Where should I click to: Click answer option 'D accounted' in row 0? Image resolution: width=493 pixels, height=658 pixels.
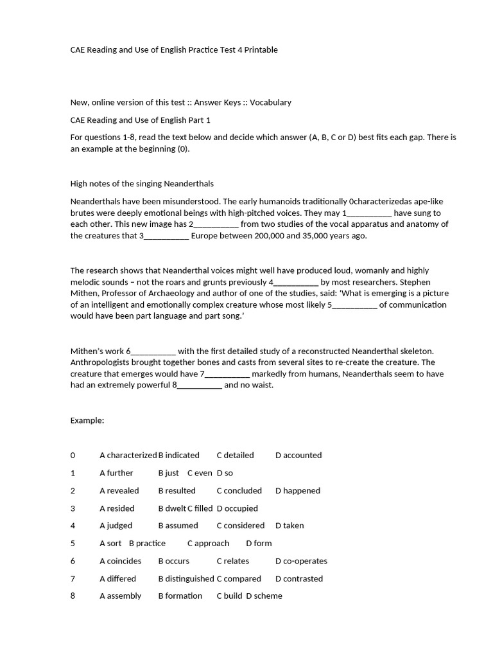pos(298,456)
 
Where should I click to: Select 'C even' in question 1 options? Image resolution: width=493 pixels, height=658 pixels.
pos(200,473)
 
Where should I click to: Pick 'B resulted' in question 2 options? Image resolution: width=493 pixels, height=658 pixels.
pos(177,491)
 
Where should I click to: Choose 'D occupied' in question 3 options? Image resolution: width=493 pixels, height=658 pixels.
pos(238,508)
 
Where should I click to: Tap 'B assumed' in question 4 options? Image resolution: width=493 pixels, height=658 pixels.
pos(178,526)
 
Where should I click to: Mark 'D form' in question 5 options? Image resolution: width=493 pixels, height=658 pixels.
pos(259,544)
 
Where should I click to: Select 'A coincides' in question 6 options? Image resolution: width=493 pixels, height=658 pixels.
pos(121,561)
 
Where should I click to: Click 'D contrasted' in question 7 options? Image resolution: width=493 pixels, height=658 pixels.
pos(299,579)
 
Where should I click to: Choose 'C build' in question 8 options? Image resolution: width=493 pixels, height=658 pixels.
pos(229,596)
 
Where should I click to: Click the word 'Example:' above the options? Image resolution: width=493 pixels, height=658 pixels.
pos(87,421)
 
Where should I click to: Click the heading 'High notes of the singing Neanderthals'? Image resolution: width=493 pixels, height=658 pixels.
pos(142,184)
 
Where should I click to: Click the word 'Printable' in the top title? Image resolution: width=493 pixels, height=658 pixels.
pos(262,50)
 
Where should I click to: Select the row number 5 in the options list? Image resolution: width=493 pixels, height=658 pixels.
pos(73,544)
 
